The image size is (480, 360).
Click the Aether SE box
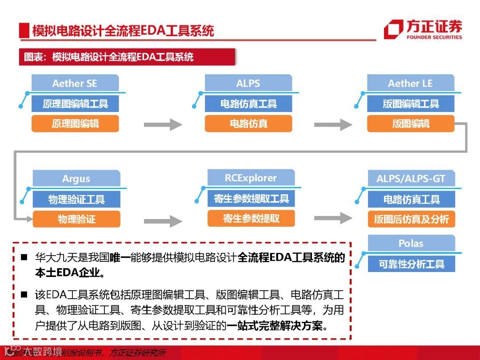coord(75,84)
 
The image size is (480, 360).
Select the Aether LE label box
coord(410,84)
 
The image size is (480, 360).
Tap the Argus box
coord(76,179)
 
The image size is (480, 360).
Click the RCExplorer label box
coord(251,178)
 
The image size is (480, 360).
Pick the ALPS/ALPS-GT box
coord(411,179)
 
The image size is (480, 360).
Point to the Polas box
coord(411,244)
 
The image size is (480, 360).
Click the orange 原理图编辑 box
coord(75,124)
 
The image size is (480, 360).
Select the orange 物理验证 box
coord(76,219)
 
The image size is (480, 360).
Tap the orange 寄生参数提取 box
coord(251,218)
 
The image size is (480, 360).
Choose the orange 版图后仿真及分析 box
coord(412,219)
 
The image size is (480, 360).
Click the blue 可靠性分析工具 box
coord(412,264)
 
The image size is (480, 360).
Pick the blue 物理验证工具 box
coord(76,200)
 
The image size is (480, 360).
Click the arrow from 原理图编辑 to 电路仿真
coord(163,124)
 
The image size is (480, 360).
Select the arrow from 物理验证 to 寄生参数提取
coord(163,220)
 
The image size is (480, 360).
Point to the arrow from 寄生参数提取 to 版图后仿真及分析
coord(333,218)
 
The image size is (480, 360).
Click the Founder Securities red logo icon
coord(393,29)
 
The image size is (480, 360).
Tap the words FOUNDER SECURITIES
coord(434,37)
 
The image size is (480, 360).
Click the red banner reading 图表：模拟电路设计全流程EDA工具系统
coord(127,57)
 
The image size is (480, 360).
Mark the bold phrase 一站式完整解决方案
coord(274,326)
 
